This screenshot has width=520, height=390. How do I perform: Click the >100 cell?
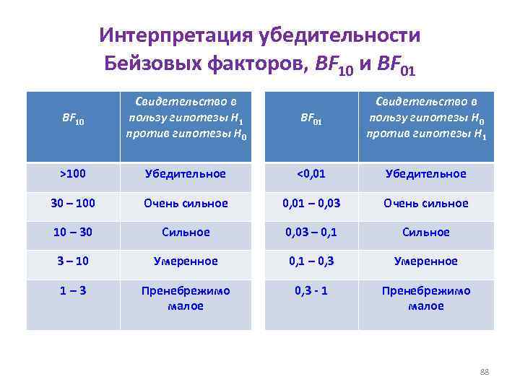coord(73,174)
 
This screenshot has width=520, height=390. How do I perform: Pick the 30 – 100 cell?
coord(73,203)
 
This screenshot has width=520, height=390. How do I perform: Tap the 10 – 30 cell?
coord(73,232)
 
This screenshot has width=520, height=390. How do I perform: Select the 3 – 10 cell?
coord(73,261)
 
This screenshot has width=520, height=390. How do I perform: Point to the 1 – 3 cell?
coord(73,290)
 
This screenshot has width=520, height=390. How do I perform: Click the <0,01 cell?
coord(311,174)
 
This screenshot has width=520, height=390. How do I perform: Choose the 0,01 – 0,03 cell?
coord(311,203)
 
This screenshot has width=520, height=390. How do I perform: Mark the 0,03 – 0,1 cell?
coord(311,232)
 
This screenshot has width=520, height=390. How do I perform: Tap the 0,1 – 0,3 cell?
coord(311,261)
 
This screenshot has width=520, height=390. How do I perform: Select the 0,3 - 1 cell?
coord(311,290)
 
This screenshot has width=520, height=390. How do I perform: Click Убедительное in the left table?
coord(186,174)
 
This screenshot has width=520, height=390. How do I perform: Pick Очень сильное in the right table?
coord(426,203)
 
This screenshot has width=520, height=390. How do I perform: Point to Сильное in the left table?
coord(186,232)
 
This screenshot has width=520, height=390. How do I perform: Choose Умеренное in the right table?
coord(426,261)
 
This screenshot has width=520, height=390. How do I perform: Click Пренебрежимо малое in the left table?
coord(186,298)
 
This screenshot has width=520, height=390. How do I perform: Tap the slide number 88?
coord(485,371)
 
